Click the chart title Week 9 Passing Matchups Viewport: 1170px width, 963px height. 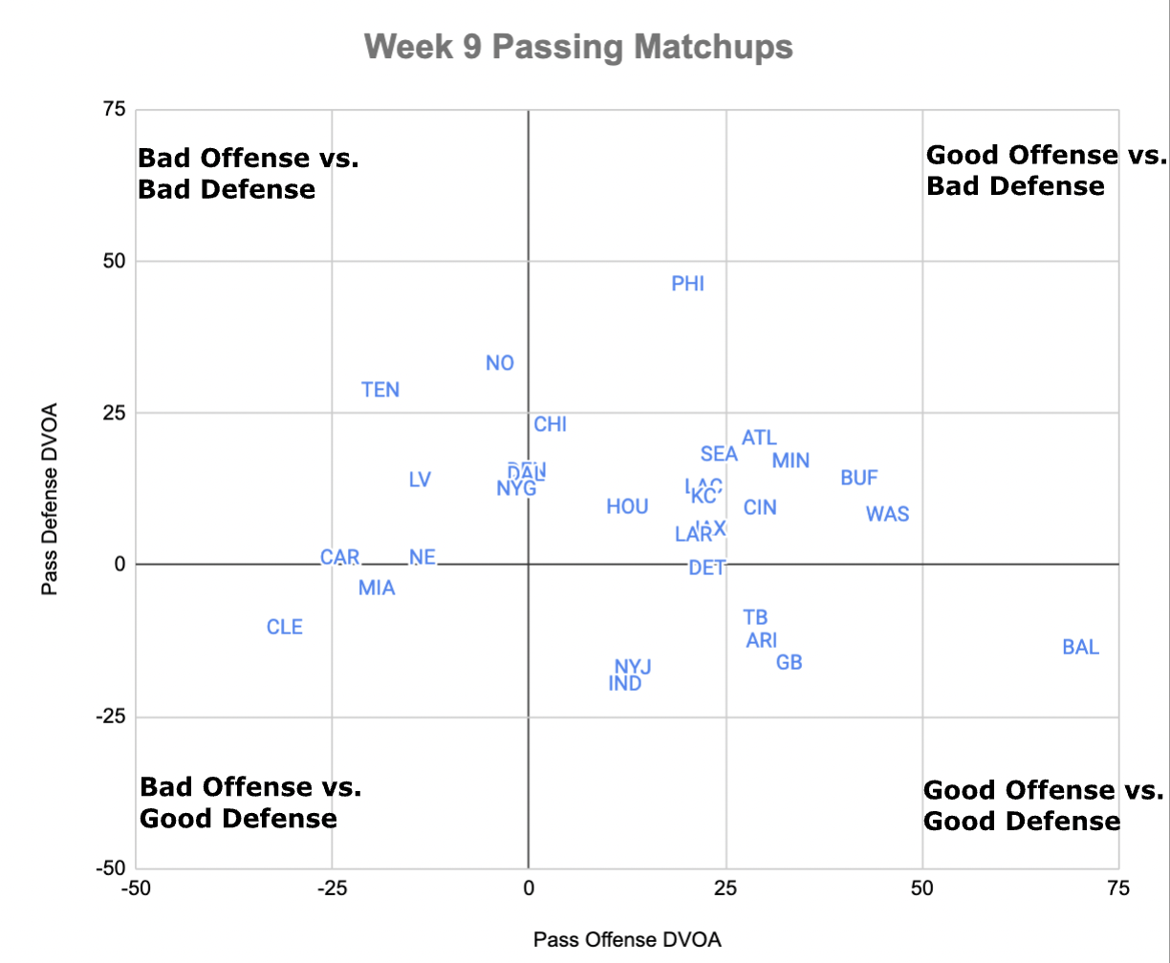(x=578, y=47)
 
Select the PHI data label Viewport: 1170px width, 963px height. (x=688, y=284)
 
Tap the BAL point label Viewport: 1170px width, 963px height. (x=1081, y=648)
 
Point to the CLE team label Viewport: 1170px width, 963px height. (x=285, y=628)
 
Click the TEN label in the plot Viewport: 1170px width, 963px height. (x=380, y=390)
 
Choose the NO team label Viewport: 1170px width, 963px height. (x=500, y=363)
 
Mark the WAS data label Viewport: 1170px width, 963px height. (x=887, y=515)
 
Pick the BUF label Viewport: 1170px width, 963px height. (x=859, y=478)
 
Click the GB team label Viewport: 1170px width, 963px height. (x=789, y=662)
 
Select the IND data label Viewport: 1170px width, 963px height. (x=625, y=684)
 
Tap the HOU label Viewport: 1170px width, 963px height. (x=627, y=507)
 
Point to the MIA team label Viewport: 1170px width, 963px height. (x=377, y=588)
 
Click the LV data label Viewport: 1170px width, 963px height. (x=420, y=480)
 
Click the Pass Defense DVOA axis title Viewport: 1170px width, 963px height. (x=50, y=499)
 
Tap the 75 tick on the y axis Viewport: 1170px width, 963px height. (x=114, y=110)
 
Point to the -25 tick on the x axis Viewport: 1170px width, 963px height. (x=331, y=888)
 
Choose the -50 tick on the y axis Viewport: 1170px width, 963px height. (x=109, y=867)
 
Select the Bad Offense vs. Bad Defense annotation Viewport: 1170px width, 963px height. (x=249, y=174)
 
